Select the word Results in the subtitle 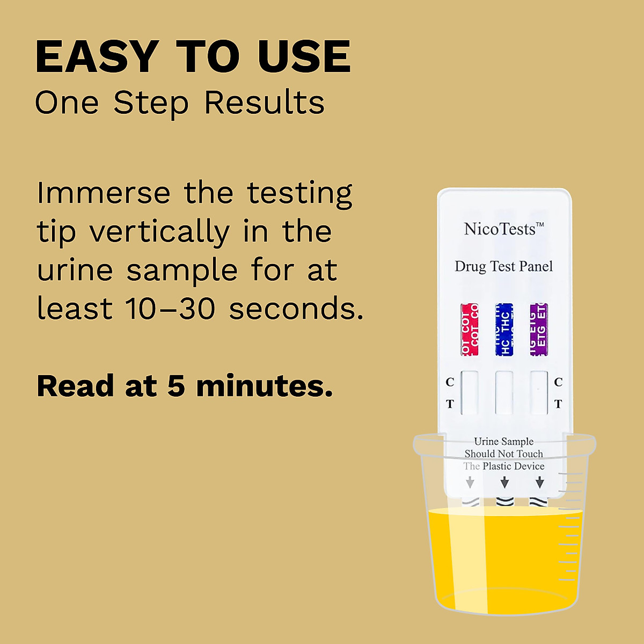point(265,102)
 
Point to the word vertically point(159,232)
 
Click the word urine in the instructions point(75,270)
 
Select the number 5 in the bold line point(177,386)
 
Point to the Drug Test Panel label point(503,266)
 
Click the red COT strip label point(469,330)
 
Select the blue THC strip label point(504,330)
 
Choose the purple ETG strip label point(538,330)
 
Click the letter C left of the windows point(450,382)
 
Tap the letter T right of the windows point(558,404)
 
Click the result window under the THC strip point(504,392)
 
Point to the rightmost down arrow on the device point(539,483)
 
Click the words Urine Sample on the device point(503,441)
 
